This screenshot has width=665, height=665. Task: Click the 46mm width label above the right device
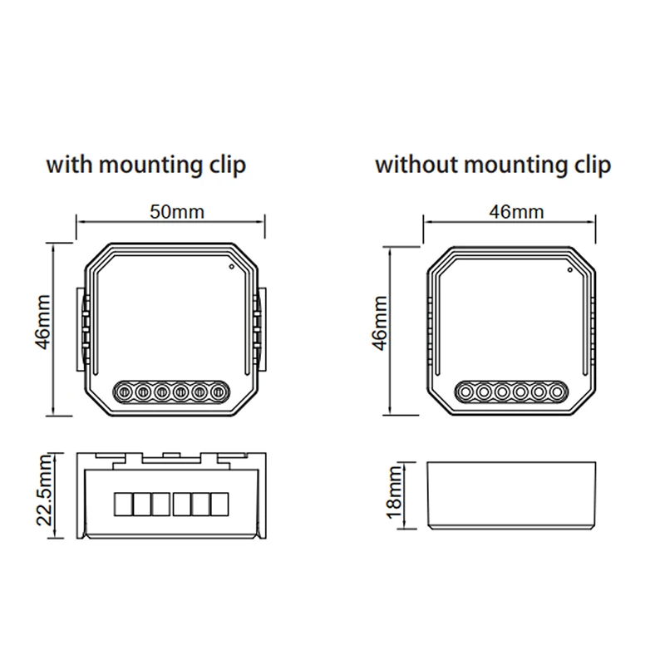[516, 211]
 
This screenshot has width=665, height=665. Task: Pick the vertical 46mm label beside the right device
[379, 330]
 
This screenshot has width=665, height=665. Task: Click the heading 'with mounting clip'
[145, 164]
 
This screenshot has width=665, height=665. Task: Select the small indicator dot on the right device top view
[569, 269]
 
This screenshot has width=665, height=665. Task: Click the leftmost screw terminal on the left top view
[123, 389]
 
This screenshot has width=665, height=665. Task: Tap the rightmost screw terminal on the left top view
[219, 389]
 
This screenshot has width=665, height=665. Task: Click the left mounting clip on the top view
[83, 329]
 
